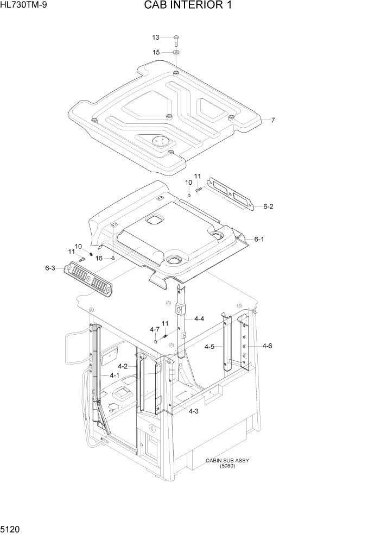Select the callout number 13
156,37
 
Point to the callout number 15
156,53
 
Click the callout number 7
272,120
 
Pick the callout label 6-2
268,206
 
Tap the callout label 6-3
50,268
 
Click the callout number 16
99,258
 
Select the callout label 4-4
198,319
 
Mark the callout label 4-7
155,329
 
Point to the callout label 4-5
209,346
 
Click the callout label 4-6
267,346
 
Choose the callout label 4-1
115,375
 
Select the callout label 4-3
194,411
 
